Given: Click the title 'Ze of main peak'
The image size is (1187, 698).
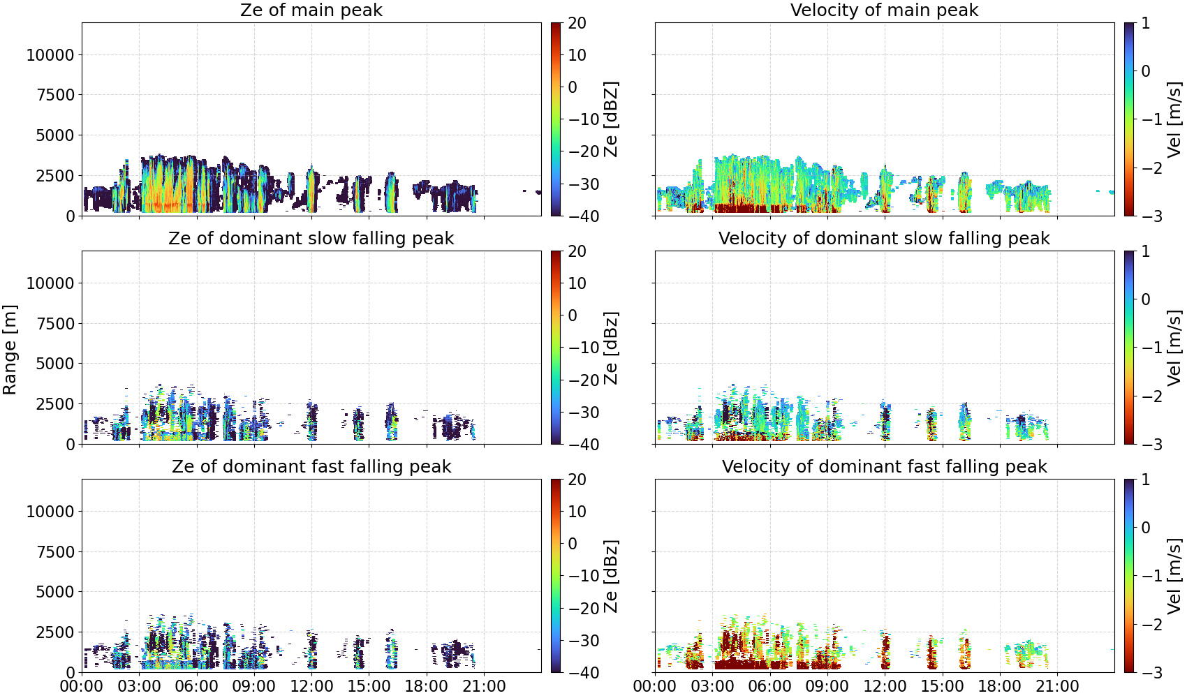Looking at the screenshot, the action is [311, 10].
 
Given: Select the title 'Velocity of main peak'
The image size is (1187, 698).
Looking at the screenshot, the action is [885, 10].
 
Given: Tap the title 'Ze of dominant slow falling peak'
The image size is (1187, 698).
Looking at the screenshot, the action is [311, 238].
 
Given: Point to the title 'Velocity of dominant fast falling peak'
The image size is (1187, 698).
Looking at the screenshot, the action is [885, 466].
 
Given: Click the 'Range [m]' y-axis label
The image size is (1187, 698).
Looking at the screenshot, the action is [10, 350].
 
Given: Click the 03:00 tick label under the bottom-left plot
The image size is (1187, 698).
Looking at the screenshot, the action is [140, 686].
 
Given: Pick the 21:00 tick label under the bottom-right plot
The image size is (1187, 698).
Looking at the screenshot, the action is [1057, 686].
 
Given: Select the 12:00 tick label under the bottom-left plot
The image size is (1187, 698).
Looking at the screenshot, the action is [311, 686].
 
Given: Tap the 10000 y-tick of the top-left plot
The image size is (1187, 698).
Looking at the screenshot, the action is [50, 54].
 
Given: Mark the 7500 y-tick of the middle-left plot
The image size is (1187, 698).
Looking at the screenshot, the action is [56, 324].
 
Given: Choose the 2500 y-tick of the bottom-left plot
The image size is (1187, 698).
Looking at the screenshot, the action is [56, 632].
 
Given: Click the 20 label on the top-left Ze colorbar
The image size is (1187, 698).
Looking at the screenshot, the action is [577, 23].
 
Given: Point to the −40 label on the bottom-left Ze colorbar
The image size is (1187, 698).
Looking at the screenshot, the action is [584, 673].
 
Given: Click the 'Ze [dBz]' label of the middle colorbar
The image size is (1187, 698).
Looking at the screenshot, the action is [611, 348].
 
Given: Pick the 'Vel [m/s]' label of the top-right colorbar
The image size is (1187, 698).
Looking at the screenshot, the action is [1174, 119].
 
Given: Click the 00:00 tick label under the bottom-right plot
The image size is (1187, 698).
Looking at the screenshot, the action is [655, 686].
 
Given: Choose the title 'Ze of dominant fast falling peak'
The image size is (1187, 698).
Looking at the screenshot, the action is [311, 466].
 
